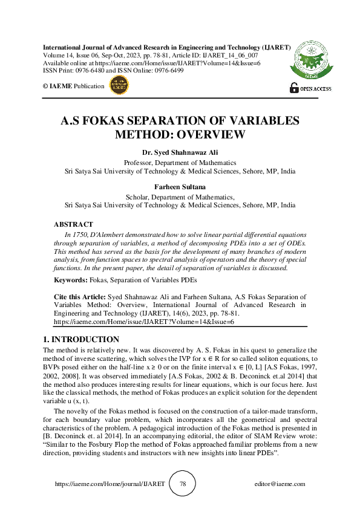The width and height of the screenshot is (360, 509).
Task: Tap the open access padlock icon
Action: pyautogui.click(x=294, y=88)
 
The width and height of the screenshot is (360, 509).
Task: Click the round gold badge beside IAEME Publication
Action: pyautogui.click(x=118, y=86)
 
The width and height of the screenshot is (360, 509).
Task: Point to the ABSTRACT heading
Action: pyautogui.click(x=73, y=225)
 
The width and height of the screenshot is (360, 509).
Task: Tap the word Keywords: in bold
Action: pyautogui.click(x=71, y=280)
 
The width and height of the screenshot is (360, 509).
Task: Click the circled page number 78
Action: pyautogui.click(x=182, y=484)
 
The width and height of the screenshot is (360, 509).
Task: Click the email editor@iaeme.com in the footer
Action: pyautogui.click(x=280, y=484)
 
